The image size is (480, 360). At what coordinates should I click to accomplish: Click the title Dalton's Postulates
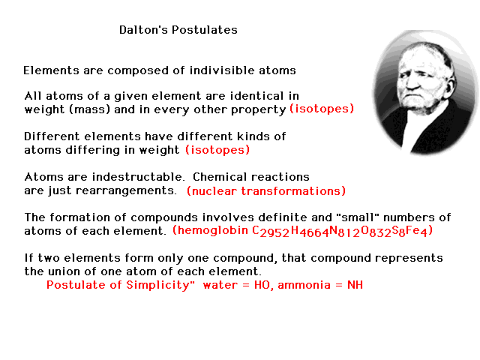pyautogui.click(x=178, y=30)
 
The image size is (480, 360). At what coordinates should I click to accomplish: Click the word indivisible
pyautogui.click(x=222, y=70)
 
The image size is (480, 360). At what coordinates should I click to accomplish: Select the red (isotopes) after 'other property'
pyautogui.click(x=322, y=109)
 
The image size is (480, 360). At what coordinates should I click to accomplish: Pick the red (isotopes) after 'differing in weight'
pyautogui.click(x=217, y=150)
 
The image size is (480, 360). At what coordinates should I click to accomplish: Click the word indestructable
pyautogui.click(x=138, y=177)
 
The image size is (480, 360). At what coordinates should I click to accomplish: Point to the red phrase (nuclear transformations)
pyautogui.click(x=266, y=191)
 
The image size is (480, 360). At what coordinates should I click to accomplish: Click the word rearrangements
pyautogui.click(x=126, y=190)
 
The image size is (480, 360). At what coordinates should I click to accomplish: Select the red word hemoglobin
pyautogui.click(x=210, y=230)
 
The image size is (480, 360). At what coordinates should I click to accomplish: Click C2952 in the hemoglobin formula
pyautogui.click(x=271, y=232)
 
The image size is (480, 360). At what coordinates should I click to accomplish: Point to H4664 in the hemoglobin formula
pyautogui.click(x=310, y=232)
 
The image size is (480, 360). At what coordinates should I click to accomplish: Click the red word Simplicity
pyautogui.click(x=160, y=285)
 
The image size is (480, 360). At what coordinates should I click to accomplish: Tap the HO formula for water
pyautogui.click(x=262, y=285)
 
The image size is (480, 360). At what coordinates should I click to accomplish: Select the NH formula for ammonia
pyautogui.click(x=355, y=285)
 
